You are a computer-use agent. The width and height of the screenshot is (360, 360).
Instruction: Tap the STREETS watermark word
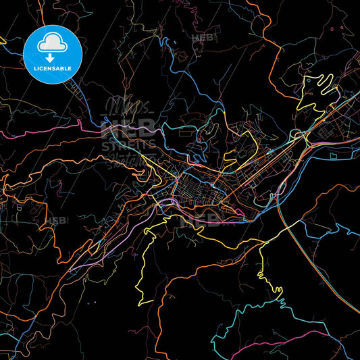[131, 145]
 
